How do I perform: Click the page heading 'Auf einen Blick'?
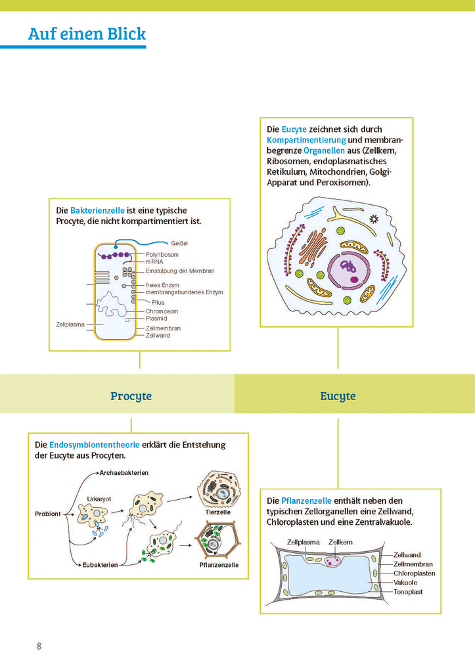(87, 34)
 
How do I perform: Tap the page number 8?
(39, 646)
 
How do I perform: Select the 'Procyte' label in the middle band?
(131, 396)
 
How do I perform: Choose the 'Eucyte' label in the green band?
(338, 396)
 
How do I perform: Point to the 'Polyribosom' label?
(162, 254)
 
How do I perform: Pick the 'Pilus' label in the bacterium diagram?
(158, 302)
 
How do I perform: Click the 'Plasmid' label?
(156, 319)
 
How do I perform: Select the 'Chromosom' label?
(162, 311)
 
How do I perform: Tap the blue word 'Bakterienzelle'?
(97, 210)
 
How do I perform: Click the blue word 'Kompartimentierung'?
(306, 140)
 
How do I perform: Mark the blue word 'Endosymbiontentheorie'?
(94, 445)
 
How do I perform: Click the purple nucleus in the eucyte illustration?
(349, 271)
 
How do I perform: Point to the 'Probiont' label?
(48, 514)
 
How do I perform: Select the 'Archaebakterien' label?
(124, 473)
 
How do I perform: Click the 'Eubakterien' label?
(100, 565)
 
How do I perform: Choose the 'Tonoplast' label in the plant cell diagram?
(407, 592)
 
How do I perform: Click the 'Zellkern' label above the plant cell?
(340, 543)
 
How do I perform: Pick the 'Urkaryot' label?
(99, 499)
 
